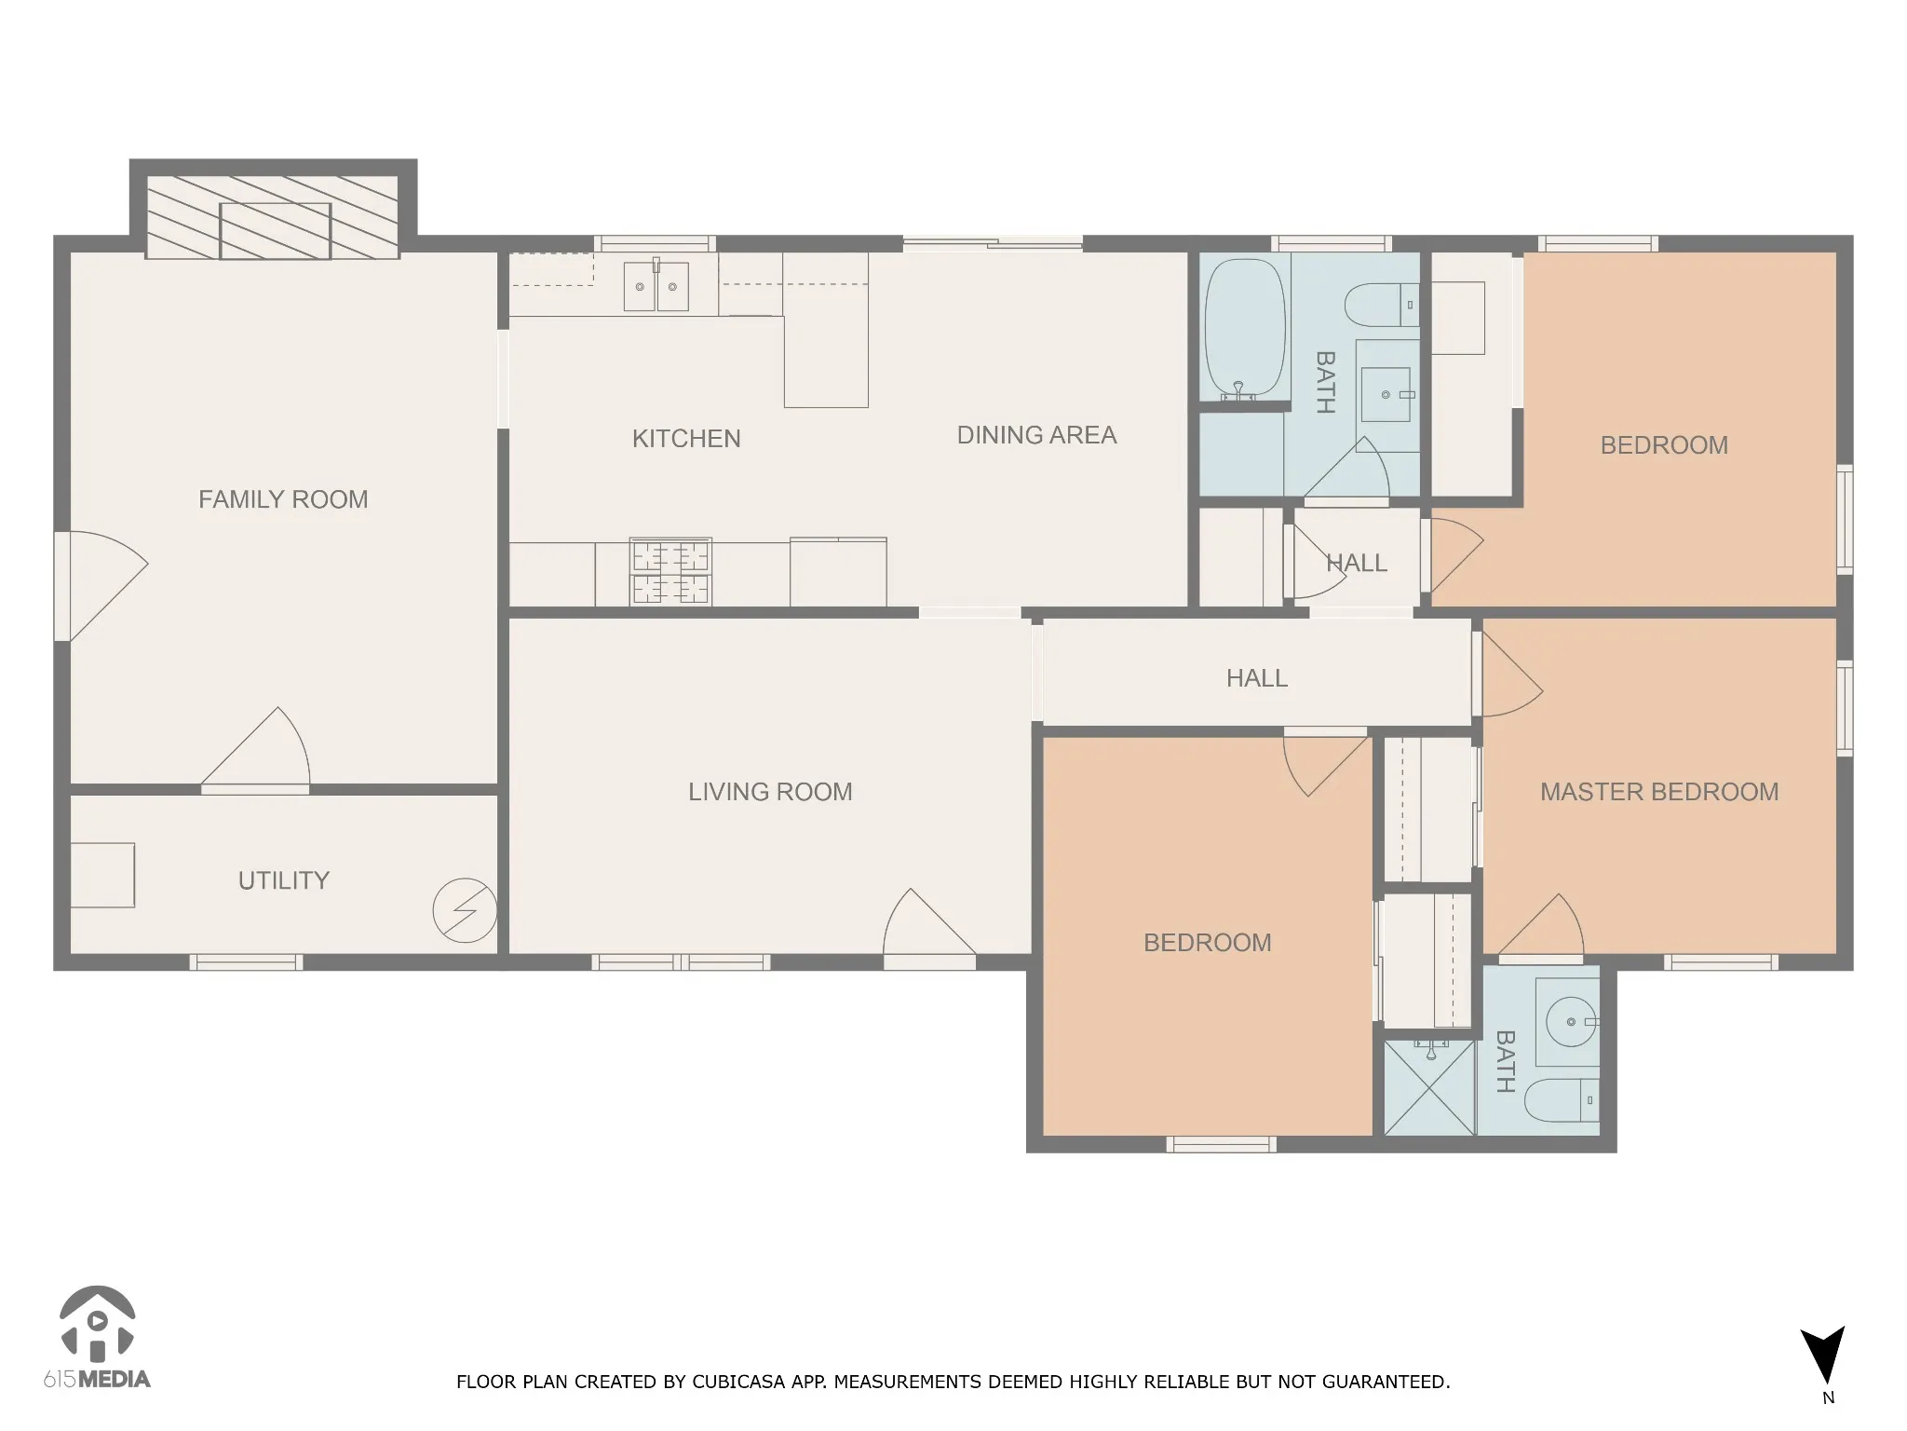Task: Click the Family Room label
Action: pyautogui.click(x=283, y=499)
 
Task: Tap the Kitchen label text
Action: pyautogui.click(x=686, y=439)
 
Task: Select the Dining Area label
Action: pyautogui.click(x=1036, y=435)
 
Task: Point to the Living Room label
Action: pyautogui.click(x=770, y=792)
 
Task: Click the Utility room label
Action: pyautogui.click(x=284, y=880)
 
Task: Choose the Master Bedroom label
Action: pyautogui.click(x=1659, y=792)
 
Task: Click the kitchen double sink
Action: pyautogui.click(x=656, y=285)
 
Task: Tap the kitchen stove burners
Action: pyautogui.click(x=670, y=572)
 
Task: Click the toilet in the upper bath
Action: pyautogui.click(x=1382, y=306)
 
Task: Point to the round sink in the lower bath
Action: pyautogui.click(x=1572, y=1022)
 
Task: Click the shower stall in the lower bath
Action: pyautogui.click(x=1429, y=1087)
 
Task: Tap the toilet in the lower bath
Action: pyautogui.click(x=1562, y=1100)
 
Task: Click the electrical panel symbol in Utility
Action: pyautogui.click(x=465, y=910)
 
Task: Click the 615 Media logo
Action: pyautogui.click(x=97, y=1338)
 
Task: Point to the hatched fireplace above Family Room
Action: pyautogui.click(x=273, y=217)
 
